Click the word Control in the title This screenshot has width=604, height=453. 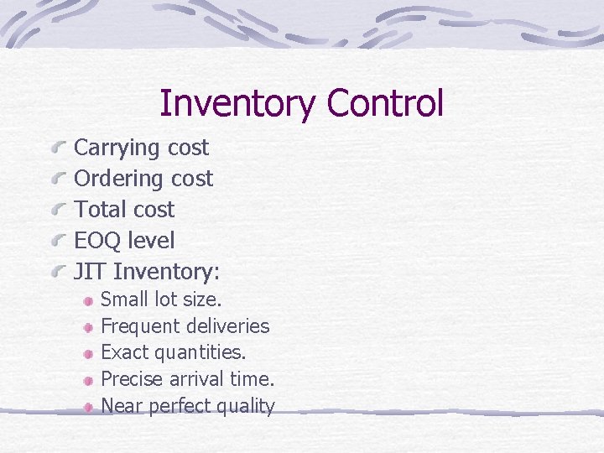click(x=385, y=104)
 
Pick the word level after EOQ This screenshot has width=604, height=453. click(x=153, y=241)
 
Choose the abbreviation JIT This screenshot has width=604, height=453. click(x=90, y=272)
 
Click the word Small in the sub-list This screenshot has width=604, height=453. click(x=122, y=299)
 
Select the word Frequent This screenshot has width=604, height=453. click(x=140, y=326)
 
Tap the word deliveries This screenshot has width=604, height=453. click(x=227, y=326)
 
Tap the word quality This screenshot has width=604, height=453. click(x=246, y=407)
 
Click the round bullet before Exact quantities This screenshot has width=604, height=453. click(x=88, y=353)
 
